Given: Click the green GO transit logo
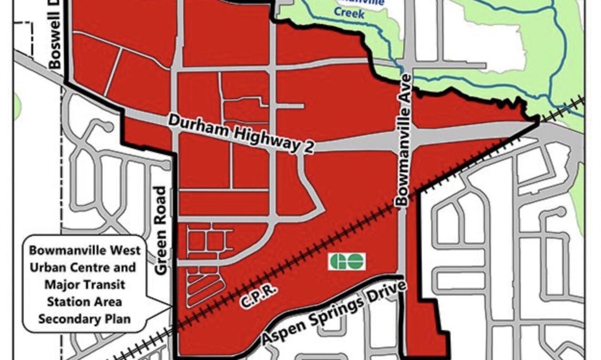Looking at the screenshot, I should tap(347, 261).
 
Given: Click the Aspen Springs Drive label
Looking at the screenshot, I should tap(335, 312).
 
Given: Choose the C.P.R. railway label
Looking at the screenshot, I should tap(259, 296).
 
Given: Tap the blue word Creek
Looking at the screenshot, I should tap(349, 13).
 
